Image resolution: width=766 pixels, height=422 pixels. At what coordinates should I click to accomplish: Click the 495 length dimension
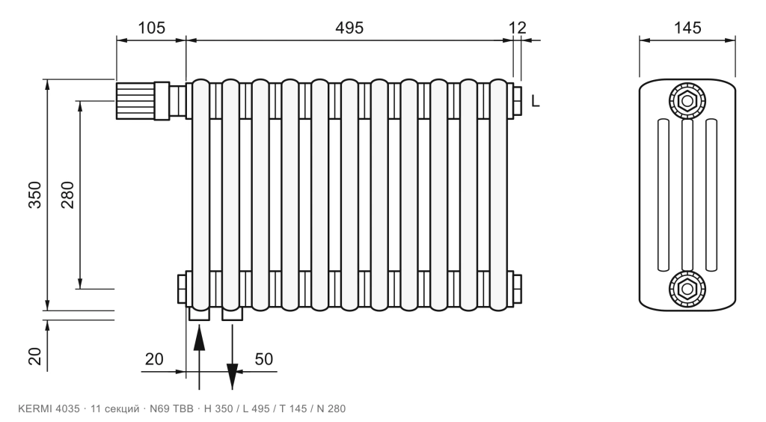(349, 28)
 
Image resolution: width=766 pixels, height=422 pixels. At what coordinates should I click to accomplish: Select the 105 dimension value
(151, 28)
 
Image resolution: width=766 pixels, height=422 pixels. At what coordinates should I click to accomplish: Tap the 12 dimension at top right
(518, 28)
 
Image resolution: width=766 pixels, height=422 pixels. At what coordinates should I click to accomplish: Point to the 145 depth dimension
(687, 28)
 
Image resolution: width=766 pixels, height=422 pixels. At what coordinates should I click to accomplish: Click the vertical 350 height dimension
(34, 195)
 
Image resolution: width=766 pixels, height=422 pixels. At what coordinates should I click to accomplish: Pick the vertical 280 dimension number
(67, 195)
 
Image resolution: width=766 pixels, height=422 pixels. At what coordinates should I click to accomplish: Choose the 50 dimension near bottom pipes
(264, 359)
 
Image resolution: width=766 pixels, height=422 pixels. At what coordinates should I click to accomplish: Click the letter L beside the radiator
(536, 101)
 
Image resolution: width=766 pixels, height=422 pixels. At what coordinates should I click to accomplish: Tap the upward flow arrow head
(199, 337)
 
